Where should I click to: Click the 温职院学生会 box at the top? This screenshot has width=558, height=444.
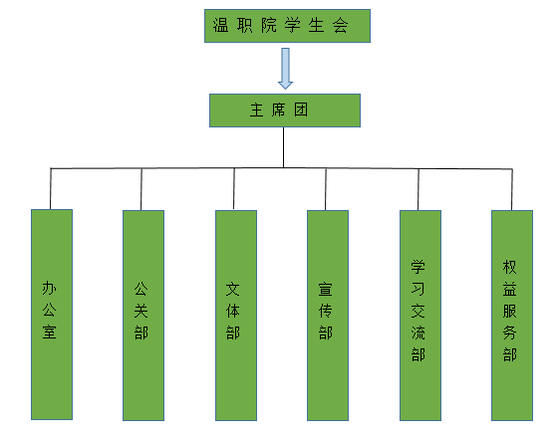(x=287, y=26)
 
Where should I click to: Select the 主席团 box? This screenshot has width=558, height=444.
(x=285, y=111)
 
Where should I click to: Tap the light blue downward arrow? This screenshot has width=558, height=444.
(x=285, y=69)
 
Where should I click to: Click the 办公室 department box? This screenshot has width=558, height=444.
(x=52, y=315)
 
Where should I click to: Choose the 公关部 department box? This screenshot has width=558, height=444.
(x=143, y=316)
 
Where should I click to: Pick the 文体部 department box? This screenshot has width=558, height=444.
(x=236, y=316)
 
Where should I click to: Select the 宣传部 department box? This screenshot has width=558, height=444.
(x=328, y=316)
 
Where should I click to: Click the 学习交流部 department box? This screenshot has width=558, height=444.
(x=420, y=316)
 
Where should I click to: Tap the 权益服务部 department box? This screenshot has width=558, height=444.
(x=512, y=316)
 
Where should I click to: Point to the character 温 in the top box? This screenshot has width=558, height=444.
(x=220, y=26)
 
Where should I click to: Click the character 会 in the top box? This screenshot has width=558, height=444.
(x=340, y=26)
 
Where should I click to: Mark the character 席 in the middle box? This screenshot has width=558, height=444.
(x=278, y=110)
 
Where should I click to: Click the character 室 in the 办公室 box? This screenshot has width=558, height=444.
(x=49, y=332)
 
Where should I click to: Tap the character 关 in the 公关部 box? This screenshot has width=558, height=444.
(x=140, y=311)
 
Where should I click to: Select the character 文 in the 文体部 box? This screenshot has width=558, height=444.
(x=233, y=290)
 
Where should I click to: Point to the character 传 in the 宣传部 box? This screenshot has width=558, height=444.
(x=325, y=311)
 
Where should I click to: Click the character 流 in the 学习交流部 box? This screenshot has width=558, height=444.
(x=418, y=333)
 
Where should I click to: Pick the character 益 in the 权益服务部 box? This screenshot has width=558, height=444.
(x=509, y=289)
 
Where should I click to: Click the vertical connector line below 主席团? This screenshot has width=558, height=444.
(x=284, y=147)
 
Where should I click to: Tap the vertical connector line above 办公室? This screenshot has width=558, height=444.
(x=51, y=189)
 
